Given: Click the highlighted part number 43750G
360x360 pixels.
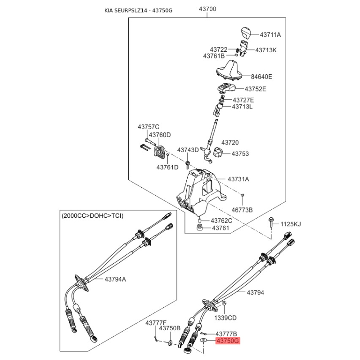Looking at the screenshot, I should (228, 342).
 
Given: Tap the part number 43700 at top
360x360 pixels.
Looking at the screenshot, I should (207, 9).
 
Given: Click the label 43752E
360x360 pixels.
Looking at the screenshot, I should (255, 89).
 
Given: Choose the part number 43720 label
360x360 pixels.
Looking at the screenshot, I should (230, 142).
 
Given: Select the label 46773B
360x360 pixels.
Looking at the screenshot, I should (242, 210).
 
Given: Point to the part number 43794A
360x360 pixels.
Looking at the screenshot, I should (116, 279).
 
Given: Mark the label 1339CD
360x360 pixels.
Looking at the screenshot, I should (225, 318).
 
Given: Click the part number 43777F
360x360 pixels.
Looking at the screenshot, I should (156, 323).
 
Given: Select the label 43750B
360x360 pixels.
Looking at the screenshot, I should (170, 328).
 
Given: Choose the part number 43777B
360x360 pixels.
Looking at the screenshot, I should (226, 334).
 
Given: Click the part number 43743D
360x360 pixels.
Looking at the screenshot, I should (188, 150).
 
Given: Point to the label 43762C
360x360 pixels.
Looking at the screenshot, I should (222, 220).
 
